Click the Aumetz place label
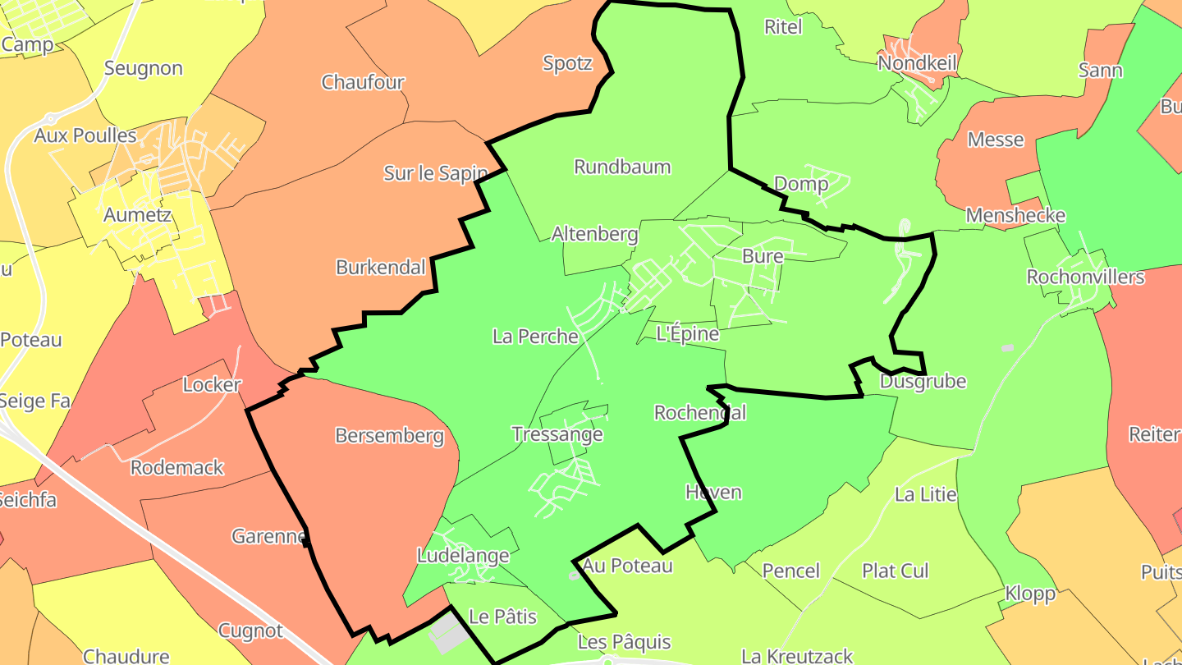pos(137,215)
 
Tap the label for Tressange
pos(557,434)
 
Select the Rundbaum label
pos(622,167)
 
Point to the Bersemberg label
pos(389,436)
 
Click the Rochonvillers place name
pos(1085,277)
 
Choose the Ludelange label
pos(463,556)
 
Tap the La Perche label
pos(535,336)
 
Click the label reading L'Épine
pos(688,333)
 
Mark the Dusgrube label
pos(923,382)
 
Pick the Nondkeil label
pos(918,63)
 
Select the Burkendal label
pos(381,267)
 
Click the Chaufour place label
pos(363,82)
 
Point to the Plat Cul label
pos(895,571)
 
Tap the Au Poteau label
pos(628,566)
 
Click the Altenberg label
pos(594,234)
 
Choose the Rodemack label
pos(177,468)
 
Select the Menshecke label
pos(1015,215)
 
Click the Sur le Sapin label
pos(436,173)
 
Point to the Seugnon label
pos(144,68)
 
